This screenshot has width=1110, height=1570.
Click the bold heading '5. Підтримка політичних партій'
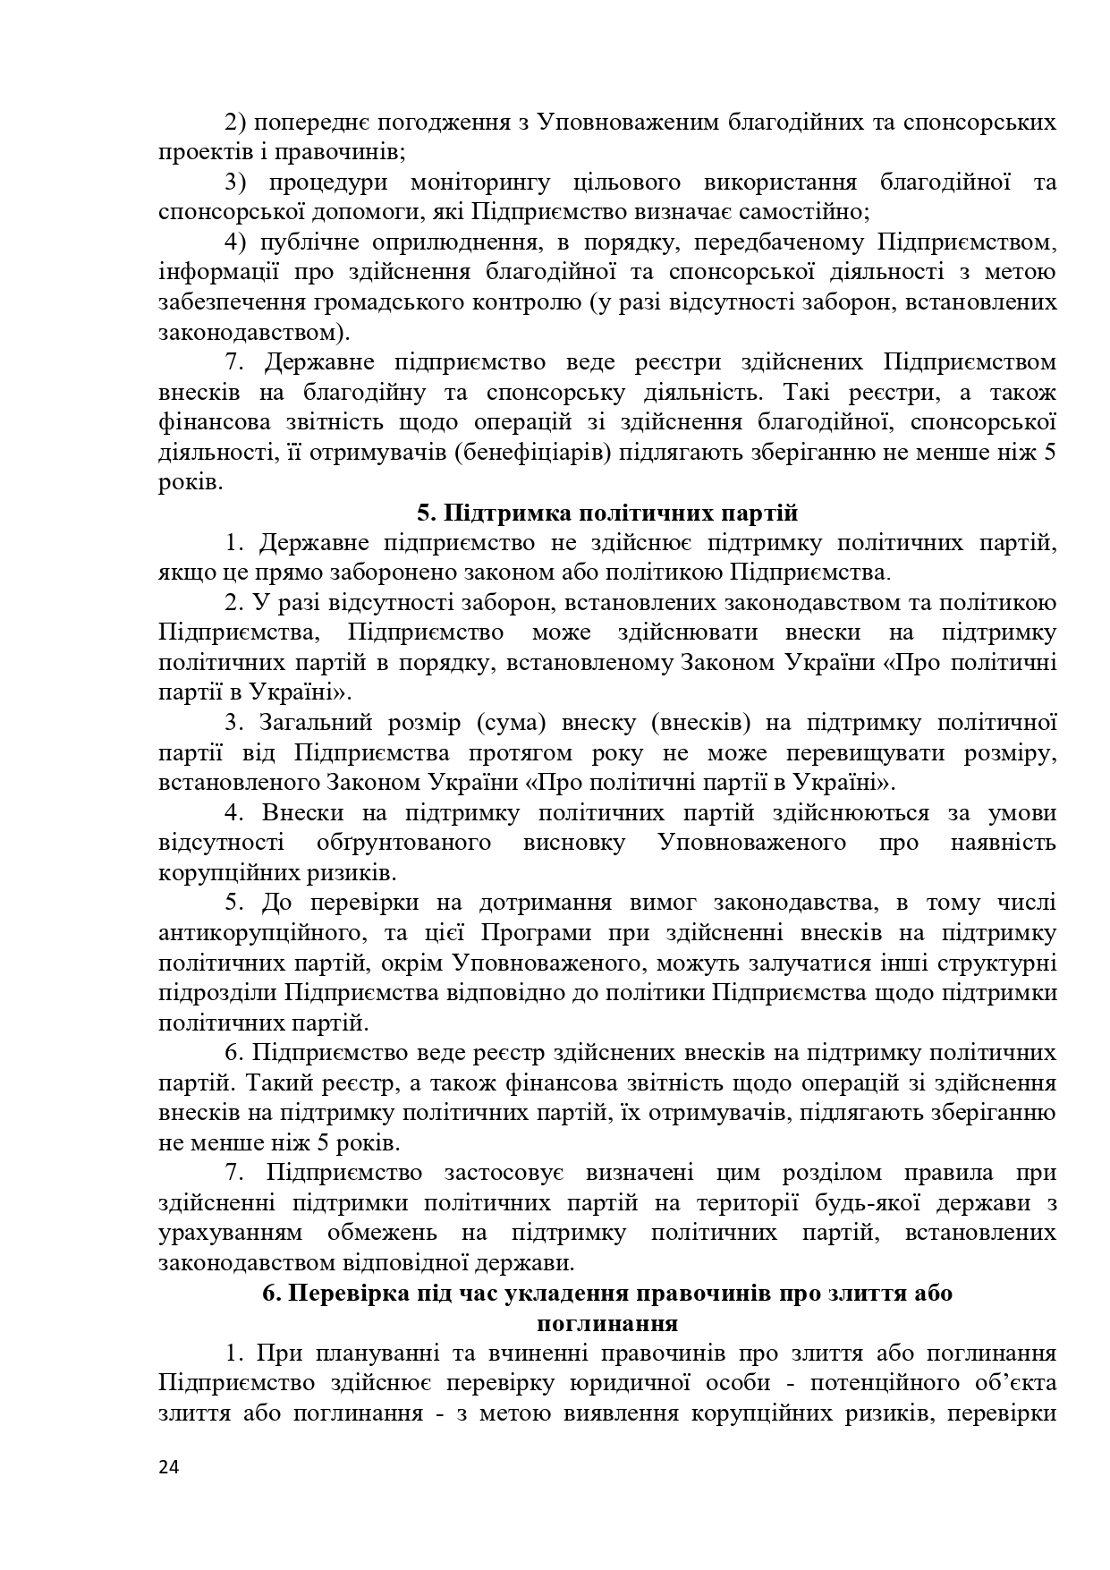(607, 513)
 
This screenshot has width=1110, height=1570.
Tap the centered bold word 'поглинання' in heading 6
(607, 1323)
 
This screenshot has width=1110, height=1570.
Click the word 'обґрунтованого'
(403, 843)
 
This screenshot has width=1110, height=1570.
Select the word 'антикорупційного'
(263, 933)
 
